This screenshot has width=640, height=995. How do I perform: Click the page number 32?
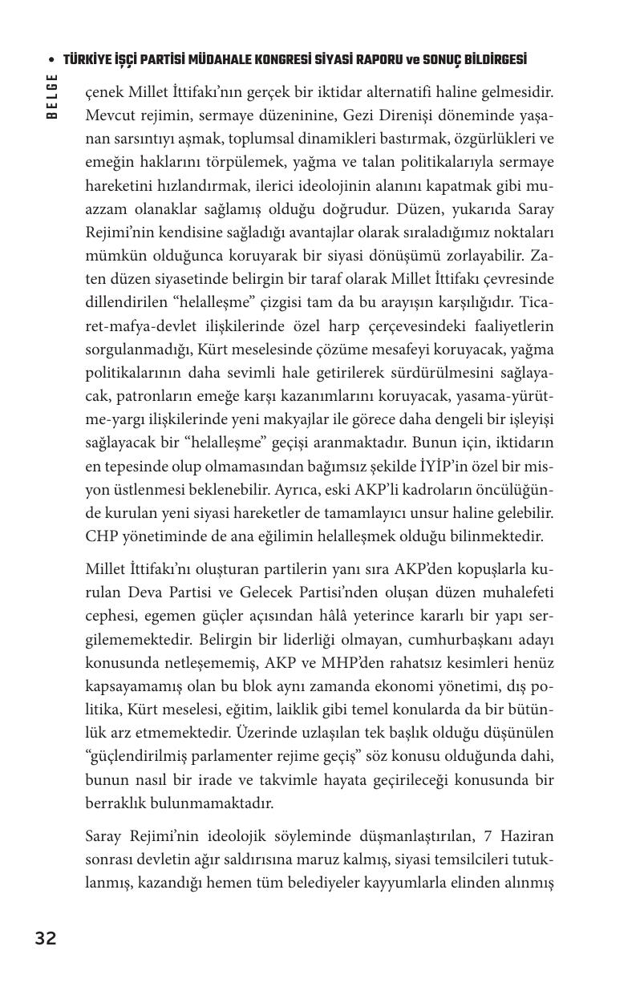click(x=45, y=938)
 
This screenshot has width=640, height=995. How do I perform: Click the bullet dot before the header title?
click(x=52, y=61)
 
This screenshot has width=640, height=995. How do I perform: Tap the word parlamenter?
click(x=233, y=756)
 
